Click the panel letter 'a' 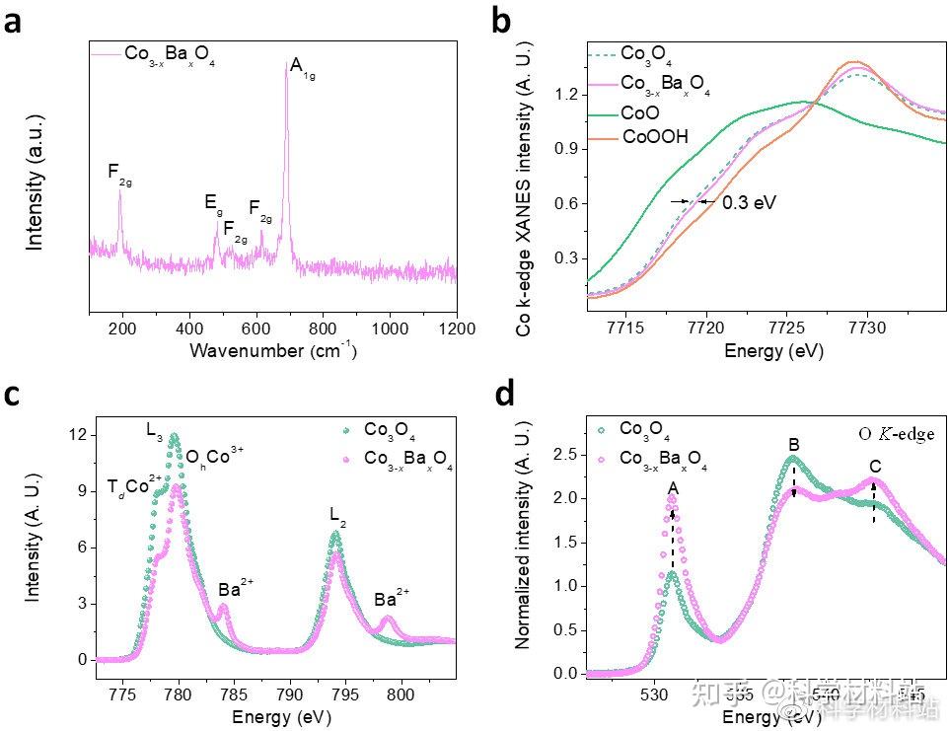tap(13, 22)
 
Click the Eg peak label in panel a tap(212, 202)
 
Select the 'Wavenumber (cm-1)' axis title tap(272, 350)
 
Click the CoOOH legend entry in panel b tap(653, 137)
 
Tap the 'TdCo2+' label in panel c tap(135, 487)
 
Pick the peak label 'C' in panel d tap(874, 466)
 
